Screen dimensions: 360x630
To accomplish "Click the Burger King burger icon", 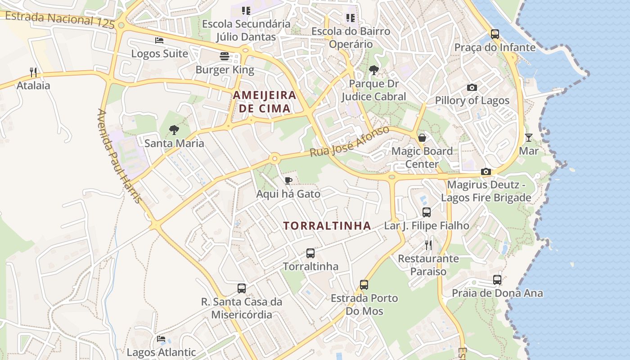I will click(225, 56).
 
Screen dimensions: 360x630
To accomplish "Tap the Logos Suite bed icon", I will click(159, 40).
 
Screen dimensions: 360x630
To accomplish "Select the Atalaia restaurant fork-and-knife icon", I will click(33, 72).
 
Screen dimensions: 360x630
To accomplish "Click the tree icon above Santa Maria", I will click(174, 130).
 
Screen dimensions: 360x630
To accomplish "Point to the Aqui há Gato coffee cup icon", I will click(288, 180).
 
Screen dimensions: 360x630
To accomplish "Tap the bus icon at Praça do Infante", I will click(495, 34).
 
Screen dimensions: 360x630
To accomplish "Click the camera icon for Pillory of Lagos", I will click(472, 87).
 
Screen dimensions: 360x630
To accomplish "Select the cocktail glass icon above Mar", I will click(528, 137).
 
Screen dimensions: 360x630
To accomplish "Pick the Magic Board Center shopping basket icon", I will click(422, 137).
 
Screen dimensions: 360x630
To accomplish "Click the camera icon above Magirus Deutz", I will click(486, 171).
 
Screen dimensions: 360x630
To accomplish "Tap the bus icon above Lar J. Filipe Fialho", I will click(426, 212).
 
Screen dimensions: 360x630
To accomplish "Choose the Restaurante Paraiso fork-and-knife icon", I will click(428, 245).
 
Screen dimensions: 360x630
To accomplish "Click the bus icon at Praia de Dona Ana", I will click(497, 279).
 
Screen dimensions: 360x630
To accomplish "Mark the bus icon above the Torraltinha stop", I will click(310, 253).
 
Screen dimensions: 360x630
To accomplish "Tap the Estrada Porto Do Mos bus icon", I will click(364, 284).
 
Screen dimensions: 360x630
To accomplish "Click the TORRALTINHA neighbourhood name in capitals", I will click(327, 226).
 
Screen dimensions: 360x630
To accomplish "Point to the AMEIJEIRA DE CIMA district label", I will click(264, 102).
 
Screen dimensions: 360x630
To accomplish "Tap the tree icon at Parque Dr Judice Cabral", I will click(373, 70).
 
